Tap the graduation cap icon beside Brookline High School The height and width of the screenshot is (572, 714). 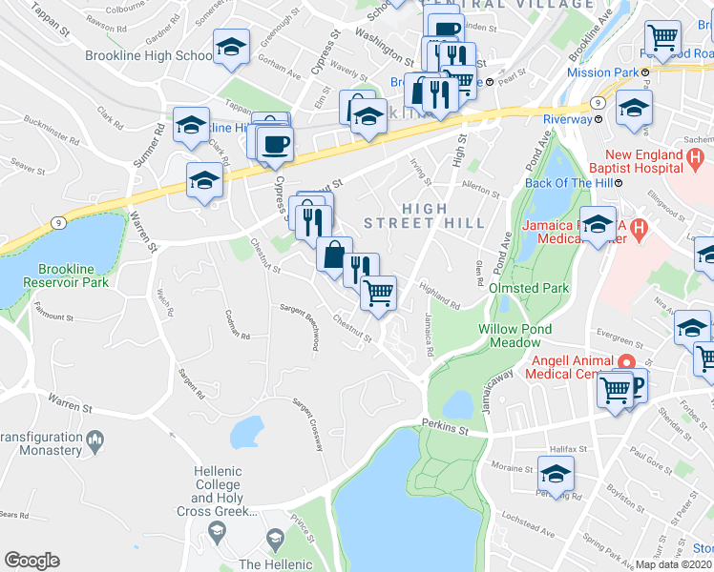pos(231,47)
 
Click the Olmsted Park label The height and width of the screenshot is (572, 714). pos(529,288)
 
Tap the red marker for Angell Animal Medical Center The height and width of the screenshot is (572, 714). pos(626,362)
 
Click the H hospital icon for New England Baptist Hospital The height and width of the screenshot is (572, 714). pos(696,156)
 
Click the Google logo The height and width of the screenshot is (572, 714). pos(31,561)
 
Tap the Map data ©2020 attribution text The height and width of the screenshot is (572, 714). pos(674,564)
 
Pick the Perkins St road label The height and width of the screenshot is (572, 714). pos(445,428)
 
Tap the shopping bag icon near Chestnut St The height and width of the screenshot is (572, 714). pos(334,255)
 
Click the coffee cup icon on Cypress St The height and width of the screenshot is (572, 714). pos(275,143)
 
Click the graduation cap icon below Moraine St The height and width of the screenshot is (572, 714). pos(556,472)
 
